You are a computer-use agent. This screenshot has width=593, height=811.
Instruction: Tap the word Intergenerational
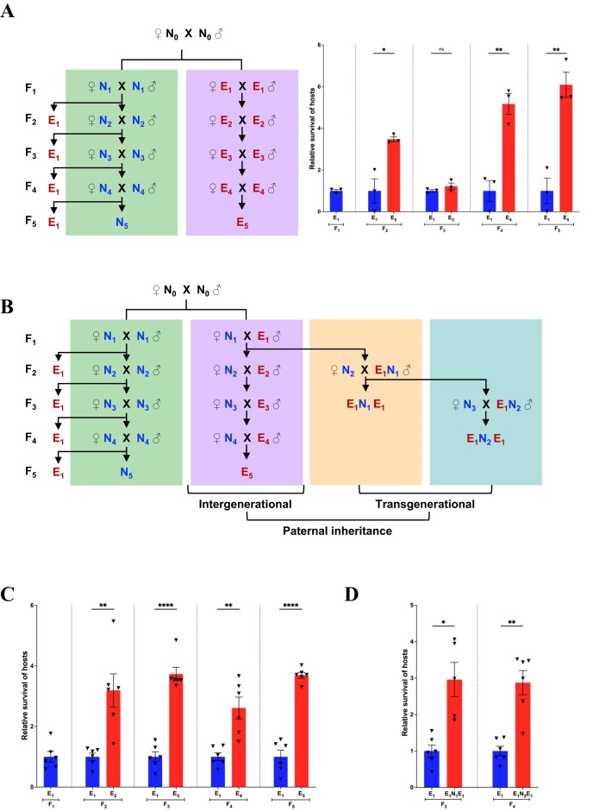coord(245,502)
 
